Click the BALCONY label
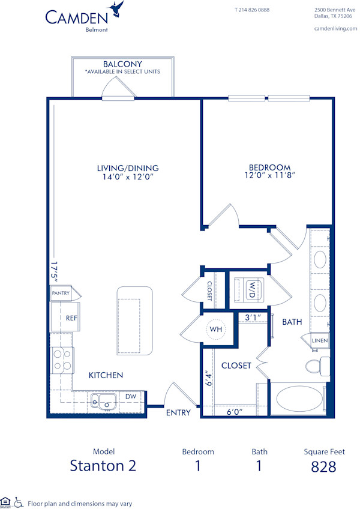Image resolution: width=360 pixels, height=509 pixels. point(122,64)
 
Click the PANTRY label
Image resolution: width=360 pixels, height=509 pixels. point(61,294)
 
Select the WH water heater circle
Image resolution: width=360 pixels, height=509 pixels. point(215,330)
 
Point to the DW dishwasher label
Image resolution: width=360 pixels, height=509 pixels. point(130,396)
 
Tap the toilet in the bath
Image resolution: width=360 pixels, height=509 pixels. point(316,365)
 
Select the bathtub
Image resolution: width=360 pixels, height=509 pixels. point(297,399)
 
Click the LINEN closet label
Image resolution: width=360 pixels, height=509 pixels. point(320,341)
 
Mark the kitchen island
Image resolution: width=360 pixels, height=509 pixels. point(135,319)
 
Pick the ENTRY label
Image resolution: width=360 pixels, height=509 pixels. point(178,412)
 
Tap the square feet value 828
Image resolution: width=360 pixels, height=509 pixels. point(323,466)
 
